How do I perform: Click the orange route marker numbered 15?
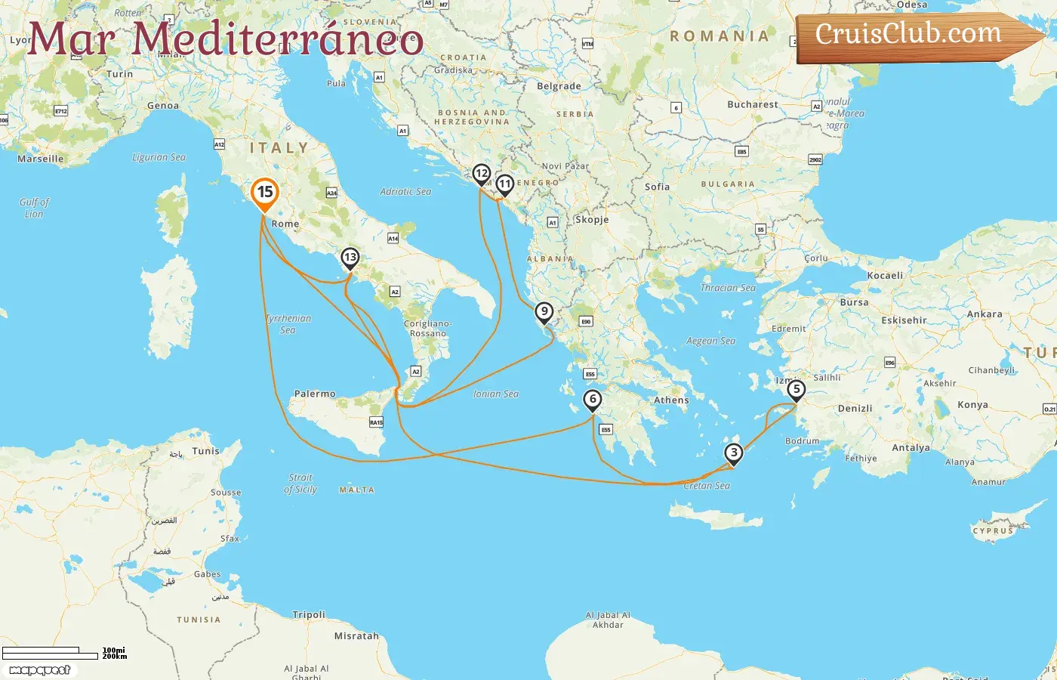click(x=264, y=193)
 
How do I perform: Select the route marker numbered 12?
click(x=481, y=175)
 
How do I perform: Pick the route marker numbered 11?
click(x=504, y=184)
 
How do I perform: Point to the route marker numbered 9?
click(x=544, y=312)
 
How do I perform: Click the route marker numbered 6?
click(x=593, y=400)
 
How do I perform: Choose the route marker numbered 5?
click(x=796, y=391)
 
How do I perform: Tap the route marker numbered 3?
click(x=733, y=453)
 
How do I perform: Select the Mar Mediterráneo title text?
click(x=225, y=39)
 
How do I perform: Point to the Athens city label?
click(x=671, y=400)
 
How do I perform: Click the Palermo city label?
click(x=315, y=394)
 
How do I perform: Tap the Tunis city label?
click(x=205, y=451)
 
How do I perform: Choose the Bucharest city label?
click(x=752, y=104)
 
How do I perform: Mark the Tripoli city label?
click(x=309, y=615)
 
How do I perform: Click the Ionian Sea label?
click(x=496, y=394)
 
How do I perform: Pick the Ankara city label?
click(x=985, y=314)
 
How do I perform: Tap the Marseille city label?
click(x=41, y=159)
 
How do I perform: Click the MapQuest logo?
click(x=40, y=670)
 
